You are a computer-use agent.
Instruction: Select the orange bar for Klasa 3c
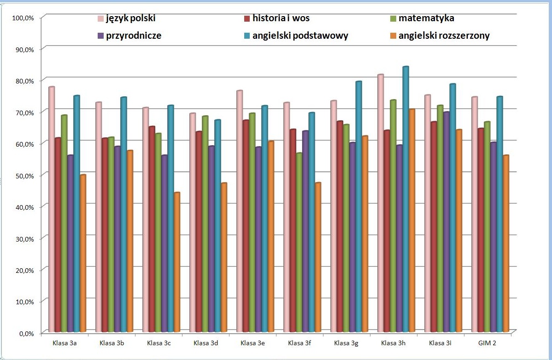click(x=177, y=263)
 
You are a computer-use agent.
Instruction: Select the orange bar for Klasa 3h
click(x=412, y=221)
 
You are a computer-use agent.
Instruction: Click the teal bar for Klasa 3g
click(x=358, y=207)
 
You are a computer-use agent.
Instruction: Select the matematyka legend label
click(x=426, y=19)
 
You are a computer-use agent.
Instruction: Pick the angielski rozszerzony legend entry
click(x=444, y=36)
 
